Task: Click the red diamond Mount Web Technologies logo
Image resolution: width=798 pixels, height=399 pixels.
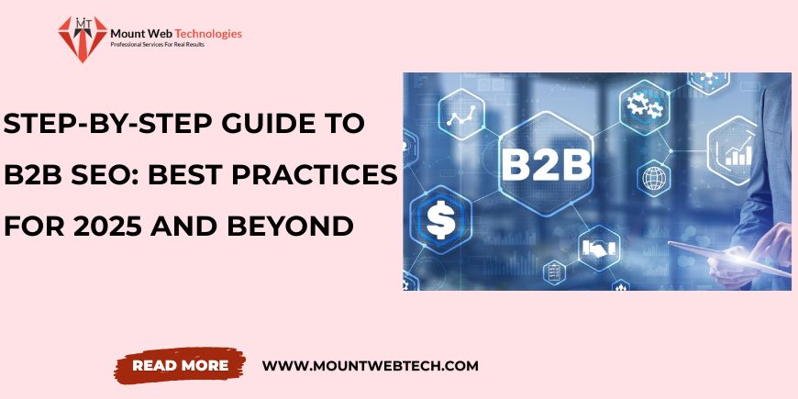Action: (83, 39)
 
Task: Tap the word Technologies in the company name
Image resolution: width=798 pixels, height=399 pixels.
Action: (208, 34)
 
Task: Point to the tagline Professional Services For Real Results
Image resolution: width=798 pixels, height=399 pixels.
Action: (157, 45)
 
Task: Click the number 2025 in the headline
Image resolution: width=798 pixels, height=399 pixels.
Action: (107, 226)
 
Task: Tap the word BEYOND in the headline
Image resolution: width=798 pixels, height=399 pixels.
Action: (290, 226)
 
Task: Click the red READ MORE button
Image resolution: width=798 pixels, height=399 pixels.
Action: (180, 365)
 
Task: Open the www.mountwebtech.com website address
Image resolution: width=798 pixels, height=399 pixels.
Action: (370, 365)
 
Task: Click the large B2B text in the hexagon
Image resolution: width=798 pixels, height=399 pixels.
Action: (546, 164)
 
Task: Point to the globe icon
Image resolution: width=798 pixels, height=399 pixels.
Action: (653, 178)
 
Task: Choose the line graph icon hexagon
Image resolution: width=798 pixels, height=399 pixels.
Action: (461, 115)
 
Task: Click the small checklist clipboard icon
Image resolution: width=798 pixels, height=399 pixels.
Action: (554, 272)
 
